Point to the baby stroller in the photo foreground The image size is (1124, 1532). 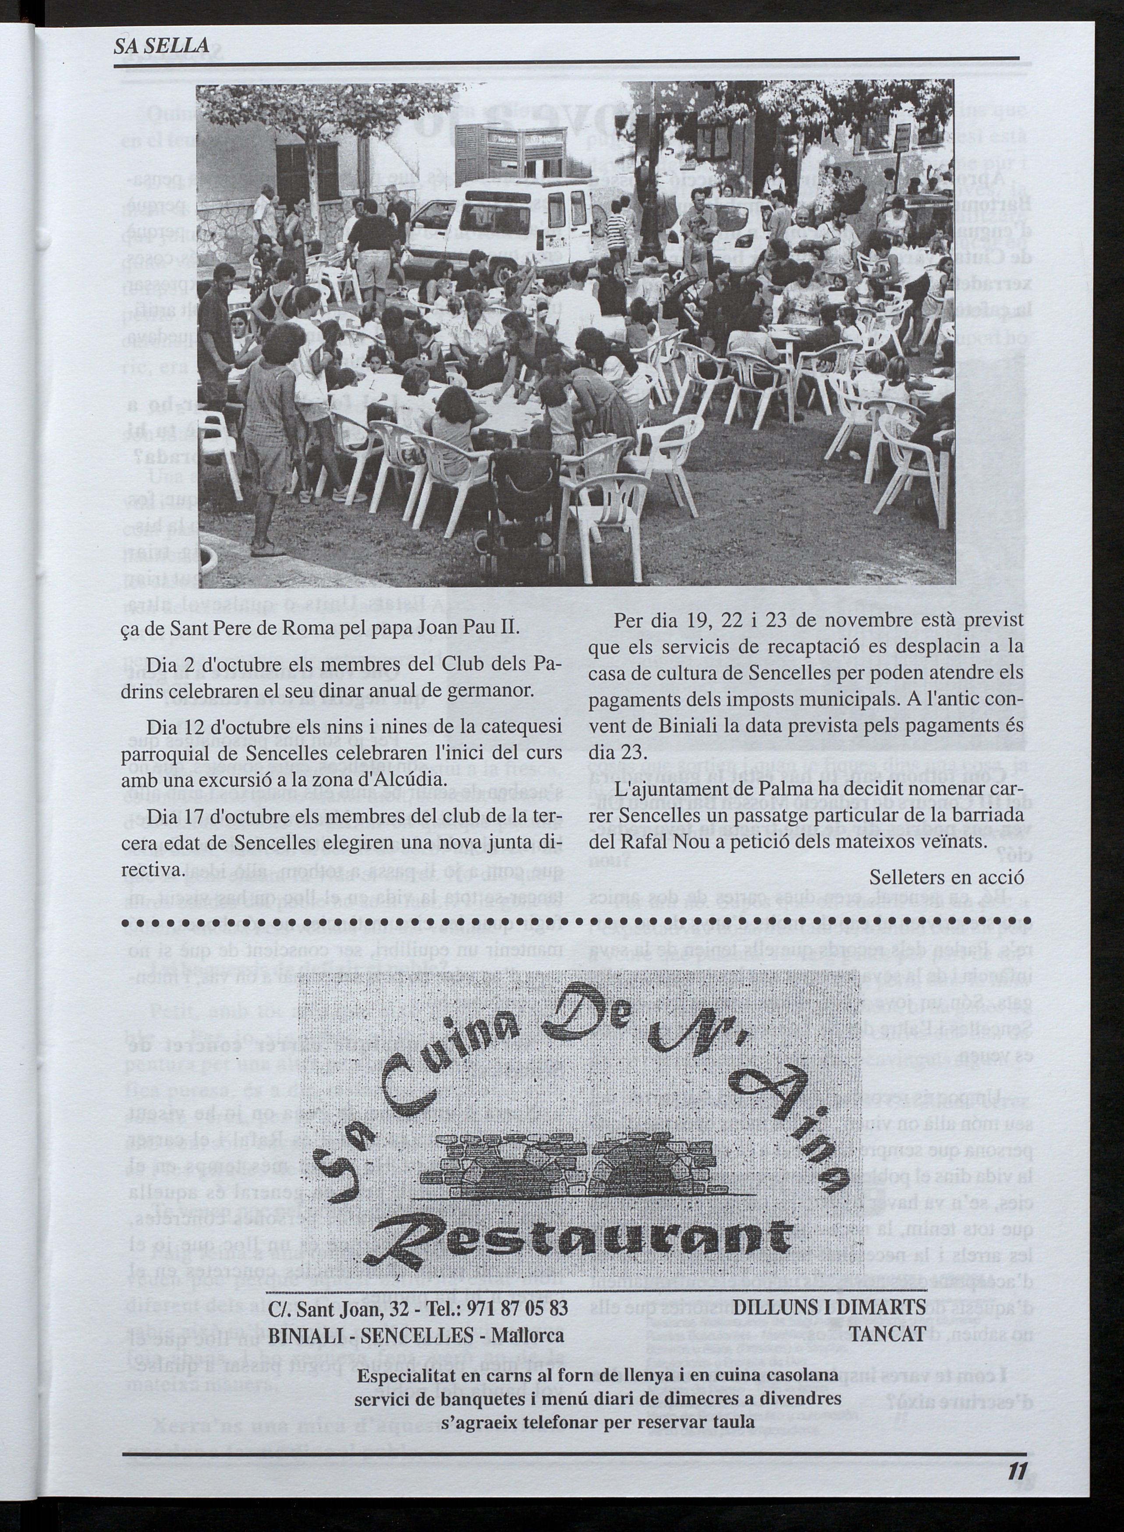pyautogui.click(x=525, y=517)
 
